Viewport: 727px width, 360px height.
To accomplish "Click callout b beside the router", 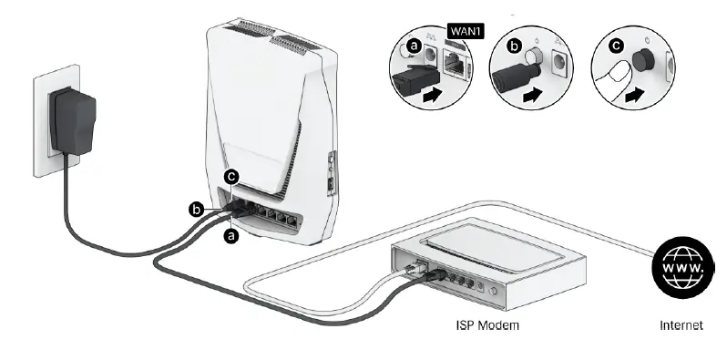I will [195, 209].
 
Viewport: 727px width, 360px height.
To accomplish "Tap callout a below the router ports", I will [231, 235].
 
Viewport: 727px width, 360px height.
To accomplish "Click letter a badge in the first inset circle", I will [415, 43].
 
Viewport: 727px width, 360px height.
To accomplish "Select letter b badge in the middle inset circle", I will [514, 43].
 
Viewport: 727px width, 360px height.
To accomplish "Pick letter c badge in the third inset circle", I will [615, 43].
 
